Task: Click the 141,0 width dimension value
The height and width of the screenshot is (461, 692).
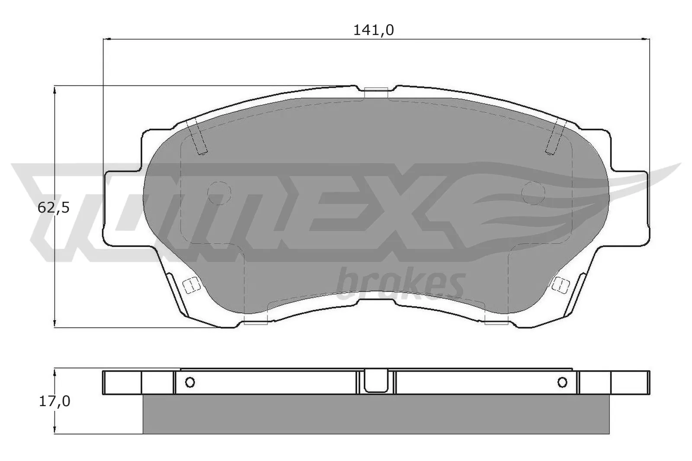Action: click(374, 30)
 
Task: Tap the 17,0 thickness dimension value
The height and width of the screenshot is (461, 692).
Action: click(54, 401)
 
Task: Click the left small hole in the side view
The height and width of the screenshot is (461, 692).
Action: click(190, 382)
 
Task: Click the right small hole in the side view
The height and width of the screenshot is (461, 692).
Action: click(562, 382)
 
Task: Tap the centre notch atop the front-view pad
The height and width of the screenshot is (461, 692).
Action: click(375, 92)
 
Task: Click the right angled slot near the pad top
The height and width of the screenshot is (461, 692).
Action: click(555, 137)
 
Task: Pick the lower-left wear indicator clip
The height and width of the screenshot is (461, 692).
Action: click(190, 285)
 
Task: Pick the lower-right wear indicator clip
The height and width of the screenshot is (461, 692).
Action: click(561, 284)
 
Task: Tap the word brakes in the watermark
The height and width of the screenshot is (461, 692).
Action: click(400, 283)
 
